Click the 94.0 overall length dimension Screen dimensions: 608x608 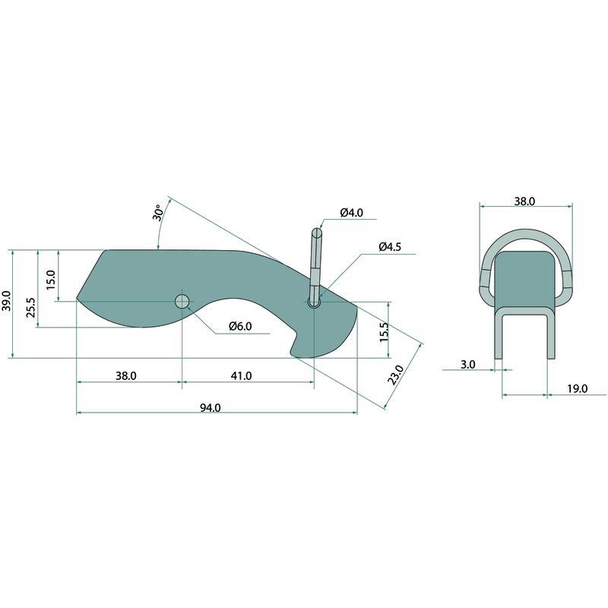point(211,408)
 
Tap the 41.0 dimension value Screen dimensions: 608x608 point(241,375)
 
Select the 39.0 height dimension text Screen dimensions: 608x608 point(8,300)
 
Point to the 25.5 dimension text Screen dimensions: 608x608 point(30,308)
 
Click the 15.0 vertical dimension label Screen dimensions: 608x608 point(51,280)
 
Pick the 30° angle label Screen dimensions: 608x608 point(158,213)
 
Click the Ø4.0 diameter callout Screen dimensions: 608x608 point(352,213)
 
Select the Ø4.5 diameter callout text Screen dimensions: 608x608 point(390,246)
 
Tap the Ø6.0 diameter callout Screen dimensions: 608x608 point(240,326)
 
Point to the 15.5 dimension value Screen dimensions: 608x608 point(384,332)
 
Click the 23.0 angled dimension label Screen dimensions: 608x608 point(396,375)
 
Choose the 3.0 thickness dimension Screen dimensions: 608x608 point(468,365)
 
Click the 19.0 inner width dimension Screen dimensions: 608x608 point(578,388)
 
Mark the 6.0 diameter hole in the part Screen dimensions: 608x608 point(182,301)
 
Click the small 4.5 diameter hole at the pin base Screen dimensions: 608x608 point(314,302)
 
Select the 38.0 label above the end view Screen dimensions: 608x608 point(524,201)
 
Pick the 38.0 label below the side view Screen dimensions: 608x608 point(126,375)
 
